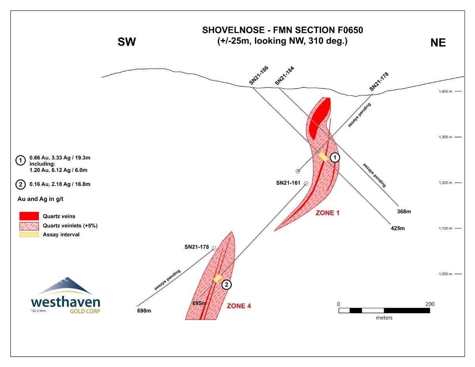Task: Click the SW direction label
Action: point(127,42)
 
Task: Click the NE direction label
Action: point(438,43)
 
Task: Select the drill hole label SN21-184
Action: point(285,75)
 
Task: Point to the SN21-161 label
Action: point(288,183)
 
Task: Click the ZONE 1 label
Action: point(327,213)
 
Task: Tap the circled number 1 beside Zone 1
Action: point(334,157)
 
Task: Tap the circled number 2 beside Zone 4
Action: point(227,285)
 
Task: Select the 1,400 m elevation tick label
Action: point(445,91)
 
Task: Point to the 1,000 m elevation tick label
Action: point(445,274)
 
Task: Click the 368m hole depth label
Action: point(404,212)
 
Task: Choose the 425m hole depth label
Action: point(398,228)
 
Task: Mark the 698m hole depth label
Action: point(144,310)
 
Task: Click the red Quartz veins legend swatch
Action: point(29,216)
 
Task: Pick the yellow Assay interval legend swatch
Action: point(29,235)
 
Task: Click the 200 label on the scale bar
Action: point(429,304)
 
